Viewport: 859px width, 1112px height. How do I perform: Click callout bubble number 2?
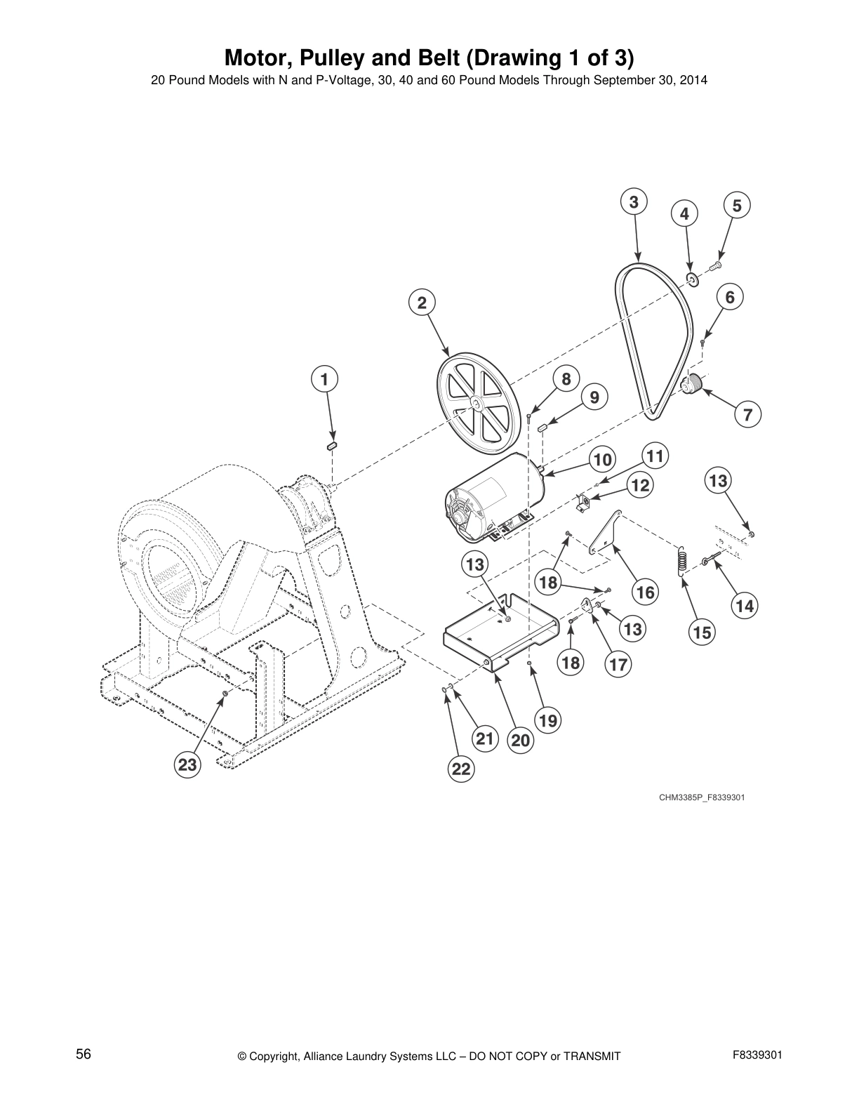coord(422,303)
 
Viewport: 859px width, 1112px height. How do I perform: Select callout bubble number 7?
coord(748,414)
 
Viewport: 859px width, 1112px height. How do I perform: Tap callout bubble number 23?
coord(187,764)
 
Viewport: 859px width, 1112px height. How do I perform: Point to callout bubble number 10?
coord(602,460)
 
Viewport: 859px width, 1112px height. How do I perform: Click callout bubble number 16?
coord(645,592)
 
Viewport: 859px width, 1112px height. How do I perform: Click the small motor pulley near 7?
coord(692,385)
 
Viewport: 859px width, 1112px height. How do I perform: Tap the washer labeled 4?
coord(691,281)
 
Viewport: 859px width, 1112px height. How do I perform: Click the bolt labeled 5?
coord(717,265)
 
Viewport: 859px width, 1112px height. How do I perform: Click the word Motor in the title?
coord(253,56)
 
